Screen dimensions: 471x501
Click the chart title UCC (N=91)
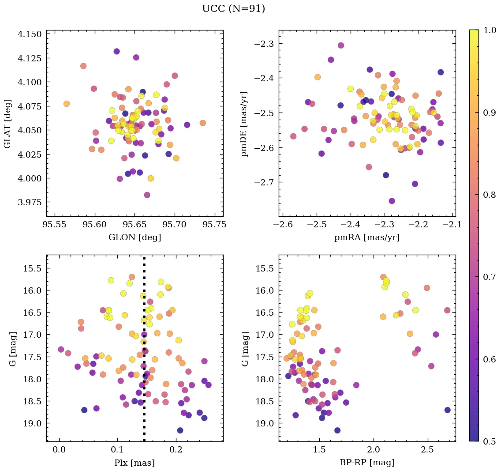233,9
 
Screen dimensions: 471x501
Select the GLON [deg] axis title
135,237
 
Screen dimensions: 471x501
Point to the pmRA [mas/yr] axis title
367,237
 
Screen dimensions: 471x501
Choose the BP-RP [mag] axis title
367,463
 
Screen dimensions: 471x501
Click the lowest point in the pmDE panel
392,201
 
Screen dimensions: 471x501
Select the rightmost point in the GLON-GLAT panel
202,123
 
